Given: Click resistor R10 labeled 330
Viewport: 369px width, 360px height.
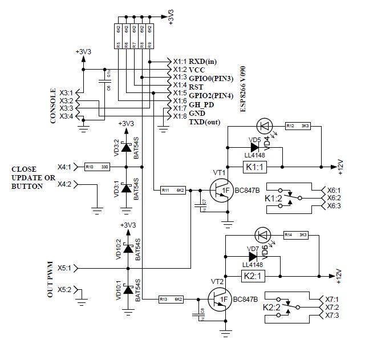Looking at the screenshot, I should click(x=96, y=167).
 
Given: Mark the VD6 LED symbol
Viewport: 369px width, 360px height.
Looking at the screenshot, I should click(x=263, y=234).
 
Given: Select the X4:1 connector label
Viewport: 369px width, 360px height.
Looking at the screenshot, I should click(x=65, y=167).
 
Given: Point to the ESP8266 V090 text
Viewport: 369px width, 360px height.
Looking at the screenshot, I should click(x=243, y=88).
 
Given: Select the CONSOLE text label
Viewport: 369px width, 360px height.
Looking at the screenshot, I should click(x=54, y=106).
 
